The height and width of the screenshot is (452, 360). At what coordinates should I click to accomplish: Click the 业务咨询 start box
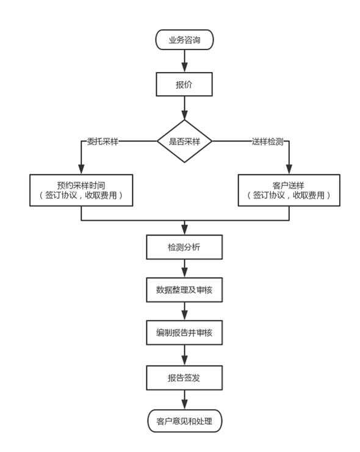(x=184, y=40)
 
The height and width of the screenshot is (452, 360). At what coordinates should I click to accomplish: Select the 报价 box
(x=184, y=84)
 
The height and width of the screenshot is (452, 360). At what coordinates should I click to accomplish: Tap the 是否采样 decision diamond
(x=185, y=142)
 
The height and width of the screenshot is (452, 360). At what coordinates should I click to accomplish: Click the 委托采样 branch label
(x=103, y=142)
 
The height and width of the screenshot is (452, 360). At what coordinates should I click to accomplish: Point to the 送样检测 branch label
(x=268, y=142)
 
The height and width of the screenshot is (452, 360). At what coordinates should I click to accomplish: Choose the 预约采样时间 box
(x=81, y=190)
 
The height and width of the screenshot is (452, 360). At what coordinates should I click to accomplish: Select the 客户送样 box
(x=289, y=190)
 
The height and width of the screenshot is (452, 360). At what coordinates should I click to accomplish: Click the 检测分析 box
(x=184, y=247)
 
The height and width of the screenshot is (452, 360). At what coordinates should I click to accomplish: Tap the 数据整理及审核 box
(x=184, y=290)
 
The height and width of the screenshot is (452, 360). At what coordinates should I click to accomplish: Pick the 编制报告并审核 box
(x=184, y=332)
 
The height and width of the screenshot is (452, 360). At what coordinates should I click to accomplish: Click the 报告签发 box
(x=184, y=378)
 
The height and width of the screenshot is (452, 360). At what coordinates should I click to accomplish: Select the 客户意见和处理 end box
(x=185, y=421)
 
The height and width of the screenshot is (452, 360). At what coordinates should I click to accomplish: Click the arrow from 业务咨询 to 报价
(x=185, y=61)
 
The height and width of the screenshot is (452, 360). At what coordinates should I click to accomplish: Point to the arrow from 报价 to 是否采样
(x=185, y=108)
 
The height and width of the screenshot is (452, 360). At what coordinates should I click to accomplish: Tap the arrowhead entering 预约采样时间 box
(x=81, y=170)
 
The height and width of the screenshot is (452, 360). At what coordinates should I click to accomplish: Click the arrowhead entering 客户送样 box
(x=289, y=170)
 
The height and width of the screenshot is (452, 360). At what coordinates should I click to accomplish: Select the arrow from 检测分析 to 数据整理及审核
(x=185, y=268)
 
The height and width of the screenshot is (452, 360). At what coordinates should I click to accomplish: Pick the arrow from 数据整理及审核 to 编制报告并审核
(x=185, y=311)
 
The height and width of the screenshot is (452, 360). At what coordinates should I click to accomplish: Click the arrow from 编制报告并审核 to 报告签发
(x=185, y=355)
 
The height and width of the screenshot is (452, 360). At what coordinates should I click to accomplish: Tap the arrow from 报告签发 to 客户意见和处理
(x=185, y=400)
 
